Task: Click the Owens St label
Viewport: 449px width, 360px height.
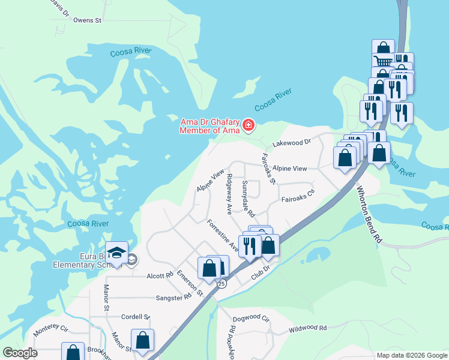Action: click(x=88, y=20)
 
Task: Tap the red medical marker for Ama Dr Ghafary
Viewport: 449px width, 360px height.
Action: click(x=248, y=125)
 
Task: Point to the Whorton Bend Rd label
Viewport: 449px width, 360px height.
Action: click(x=369, y=214)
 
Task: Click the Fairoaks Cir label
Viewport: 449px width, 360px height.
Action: click(x=298, y=196)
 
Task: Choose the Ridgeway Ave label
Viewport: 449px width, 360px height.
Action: click(x=229, y=194)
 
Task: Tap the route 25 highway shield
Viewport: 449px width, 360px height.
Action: click(x=221, y=283)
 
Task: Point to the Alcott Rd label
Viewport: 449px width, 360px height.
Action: click(x=160, y=277)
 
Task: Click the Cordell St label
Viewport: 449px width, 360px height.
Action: click(x=135, y=317)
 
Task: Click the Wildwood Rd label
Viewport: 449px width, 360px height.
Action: click(x=307, y=328)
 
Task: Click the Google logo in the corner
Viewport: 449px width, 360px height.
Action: click(x=19, y=353)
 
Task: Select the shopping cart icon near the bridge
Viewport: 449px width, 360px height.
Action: click(x=382, y=60)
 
